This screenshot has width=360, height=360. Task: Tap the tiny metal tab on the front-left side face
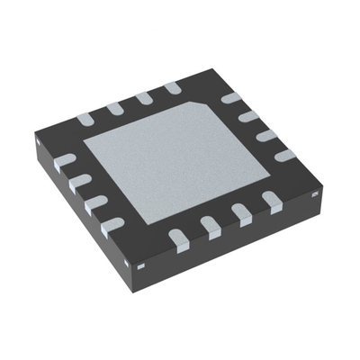click(141, 266)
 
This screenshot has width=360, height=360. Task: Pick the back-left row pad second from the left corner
click(113, 108)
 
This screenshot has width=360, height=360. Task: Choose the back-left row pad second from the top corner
click(144, 97)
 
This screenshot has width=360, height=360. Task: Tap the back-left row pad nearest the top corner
click(172, 88)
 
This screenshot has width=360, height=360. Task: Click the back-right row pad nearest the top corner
click(231, 96)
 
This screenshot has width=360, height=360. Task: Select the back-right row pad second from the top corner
click(250, 115)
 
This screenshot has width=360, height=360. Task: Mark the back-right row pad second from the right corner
click(267, 135)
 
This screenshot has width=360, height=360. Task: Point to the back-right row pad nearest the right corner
click(286, 155)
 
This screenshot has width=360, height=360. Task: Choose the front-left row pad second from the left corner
click(79, 181)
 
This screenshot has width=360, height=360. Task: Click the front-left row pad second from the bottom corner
click(95, 202)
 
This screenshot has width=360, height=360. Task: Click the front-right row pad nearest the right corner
click(270, 201)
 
